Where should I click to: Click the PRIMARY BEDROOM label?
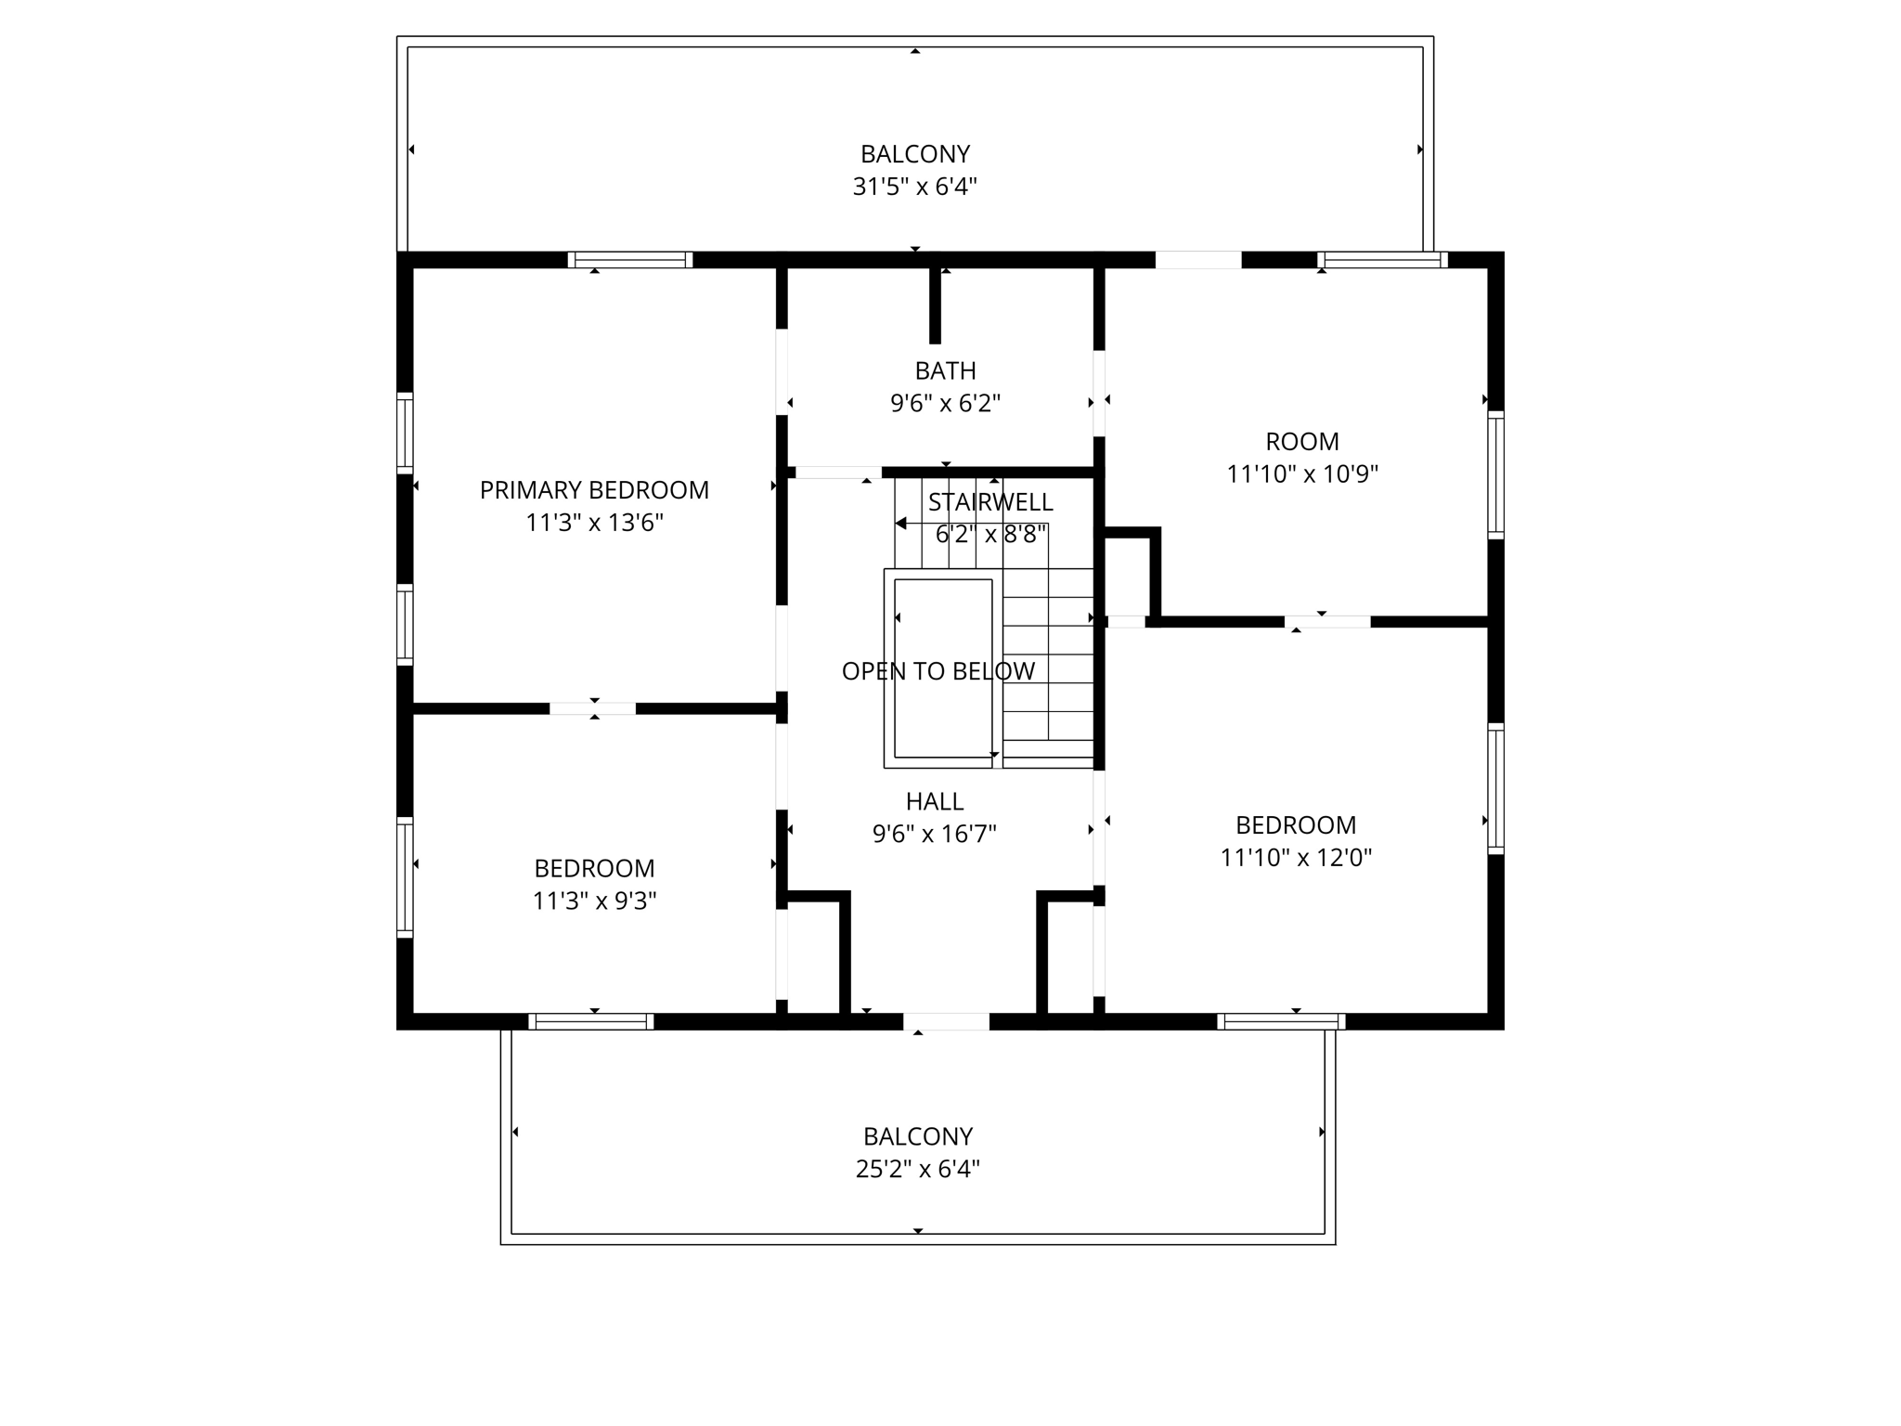pyautogui.click(x=594, y=490)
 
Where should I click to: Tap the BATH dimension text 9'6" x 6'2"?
pyautogui.click(x=945, y=404)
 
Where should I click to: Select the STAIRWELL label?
pyautogui.click(x=990, y=502)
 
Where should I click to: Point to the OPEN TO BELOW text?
pyautogui.click(x=938, y=671)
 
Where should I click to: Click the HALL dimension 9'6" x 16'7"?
pyautogui.click(x=934, y=834)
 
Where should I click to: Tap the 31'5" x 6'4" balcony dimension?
pyautogui.click(x=914, y=187)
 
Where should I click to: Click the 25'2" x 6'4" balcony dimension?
pyautogui.click(x=917, y=1169)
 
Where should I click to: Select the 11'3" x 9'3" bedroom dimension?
pyautogui.click(x=594, y=901)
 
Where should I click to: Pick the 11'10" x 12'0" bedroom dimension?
pyautogui.click(x=1295, y=858)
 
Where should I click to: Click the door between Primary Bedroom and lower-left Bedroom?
pyautogui.click(x=593, y=708)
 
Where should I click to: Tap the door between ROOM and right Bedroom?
pyautogui.click(x=1327, y=622)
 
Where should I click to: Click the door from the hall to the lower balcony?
pyautogui.click(x=946, y=1021)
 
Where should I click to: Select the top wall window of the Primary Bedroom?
pyautogui.click(x=630, y=260)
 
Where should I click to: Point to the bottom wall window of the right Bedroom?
pyautogui.click(x=1281, y=1021)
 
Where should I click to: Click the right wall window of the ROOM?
pyautogui.click(x=1495, y=475)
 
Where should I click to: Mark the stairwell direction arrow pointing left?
pyautogui.click(x=900, y=524)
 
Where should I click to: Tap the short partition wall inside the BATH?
pyautogui.click(x=935, y=305)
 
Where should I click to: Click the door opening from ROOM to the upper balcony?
pyautogui.click(x=1197, y=260)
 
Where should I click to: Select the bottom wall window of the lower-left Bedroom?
pyautogui.click(x=591, y=1021)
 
